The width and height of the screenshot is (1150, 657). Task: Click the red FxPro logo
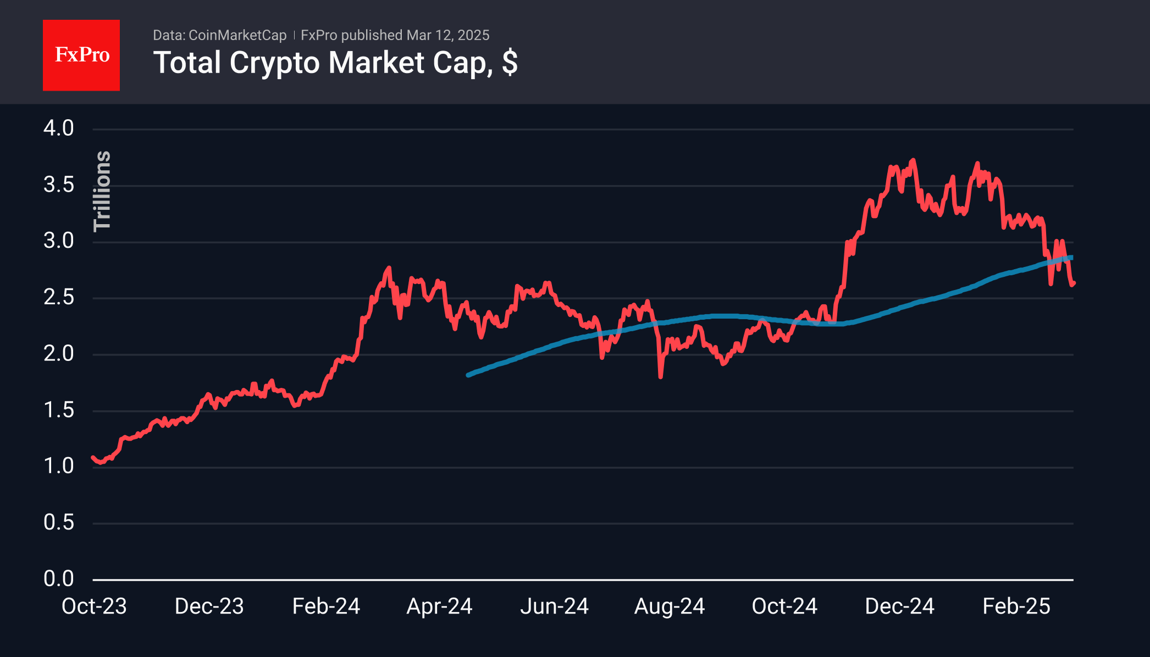coord(81,55)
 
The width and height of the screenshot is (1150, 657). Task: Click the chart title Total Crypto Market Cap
coord(335,63)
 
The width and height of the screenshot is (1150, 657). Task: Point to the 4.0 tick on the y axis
coord(59,129)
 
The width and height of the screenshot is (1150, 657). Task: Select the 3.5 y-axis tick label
coord(59,185)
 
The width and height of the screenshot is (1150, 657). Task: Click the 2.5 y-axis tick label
coord(59,298)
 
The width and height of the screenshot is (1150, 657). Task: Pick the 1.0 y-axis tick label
coord(59,466)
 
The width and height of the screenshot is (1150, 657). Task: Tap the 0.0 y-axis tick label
coord(59,579)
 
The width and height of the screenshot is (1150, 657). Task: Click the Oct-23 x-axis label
coord(94,606)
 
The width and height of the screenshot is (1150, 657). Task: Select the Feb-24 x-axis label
coord(326,606)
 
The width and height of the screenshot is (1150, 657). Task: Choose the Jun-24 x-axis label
coord(554,606)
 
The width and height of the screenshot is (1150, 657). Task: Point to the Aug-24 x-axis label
coord(670,606)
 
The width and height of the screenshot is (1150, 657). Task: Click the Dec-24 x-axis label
coord(899,606)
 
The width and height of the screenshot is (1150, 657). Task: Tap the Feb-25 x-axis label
coord(1016,606)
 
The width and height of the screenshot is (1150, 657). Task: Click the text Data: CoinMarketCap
coord(219,35)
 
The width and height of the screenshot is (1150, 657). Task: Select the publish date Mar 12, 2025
coord(447,35)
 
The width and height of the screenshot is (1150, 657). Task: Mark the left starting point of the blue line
coord(468,375)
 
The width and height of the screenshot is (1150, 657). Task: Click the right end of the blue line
coord(1071,257)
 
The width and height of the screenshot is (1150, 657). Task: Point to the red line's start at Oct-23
coord(93,458)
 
